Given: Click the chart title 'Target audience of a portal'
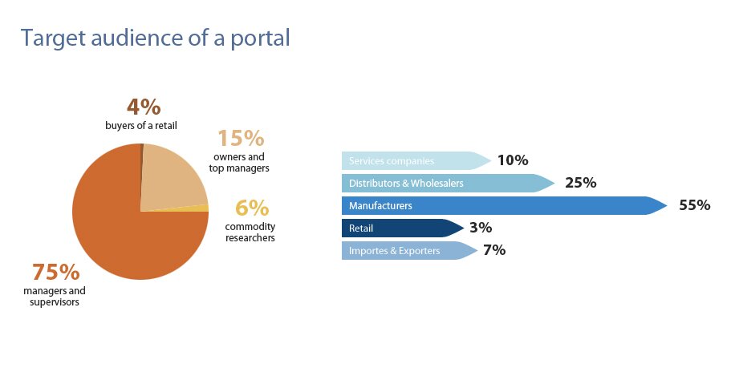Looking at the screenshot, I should [x=155, y=38].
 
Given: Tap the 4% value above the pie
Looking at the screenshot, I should [x=144, y=107].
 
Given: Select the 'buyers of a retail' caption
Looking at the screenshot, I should [x=140, y=125].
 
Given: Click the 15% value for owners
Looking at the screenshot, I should [x=241, y=138].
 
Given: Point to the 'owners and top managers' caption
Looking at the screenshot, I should [x=241, y=163].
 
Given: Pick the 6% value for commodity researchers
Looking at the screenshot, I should [x=251, y=208].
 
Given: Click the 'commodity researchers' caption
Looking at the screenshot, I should [x=250, y=233].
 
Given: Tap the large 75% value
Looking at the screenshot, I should [x=55, y=272].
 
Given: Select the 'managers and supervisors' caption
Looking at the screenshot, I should [x=55, y=296].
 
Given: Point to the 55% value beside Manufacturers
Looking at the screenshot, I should [x=694, y=205].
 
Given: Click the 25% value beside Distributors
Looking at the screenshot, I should [x=580, y=183].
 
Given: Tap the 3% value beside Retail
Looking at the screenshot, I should [x=480, y=228].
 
